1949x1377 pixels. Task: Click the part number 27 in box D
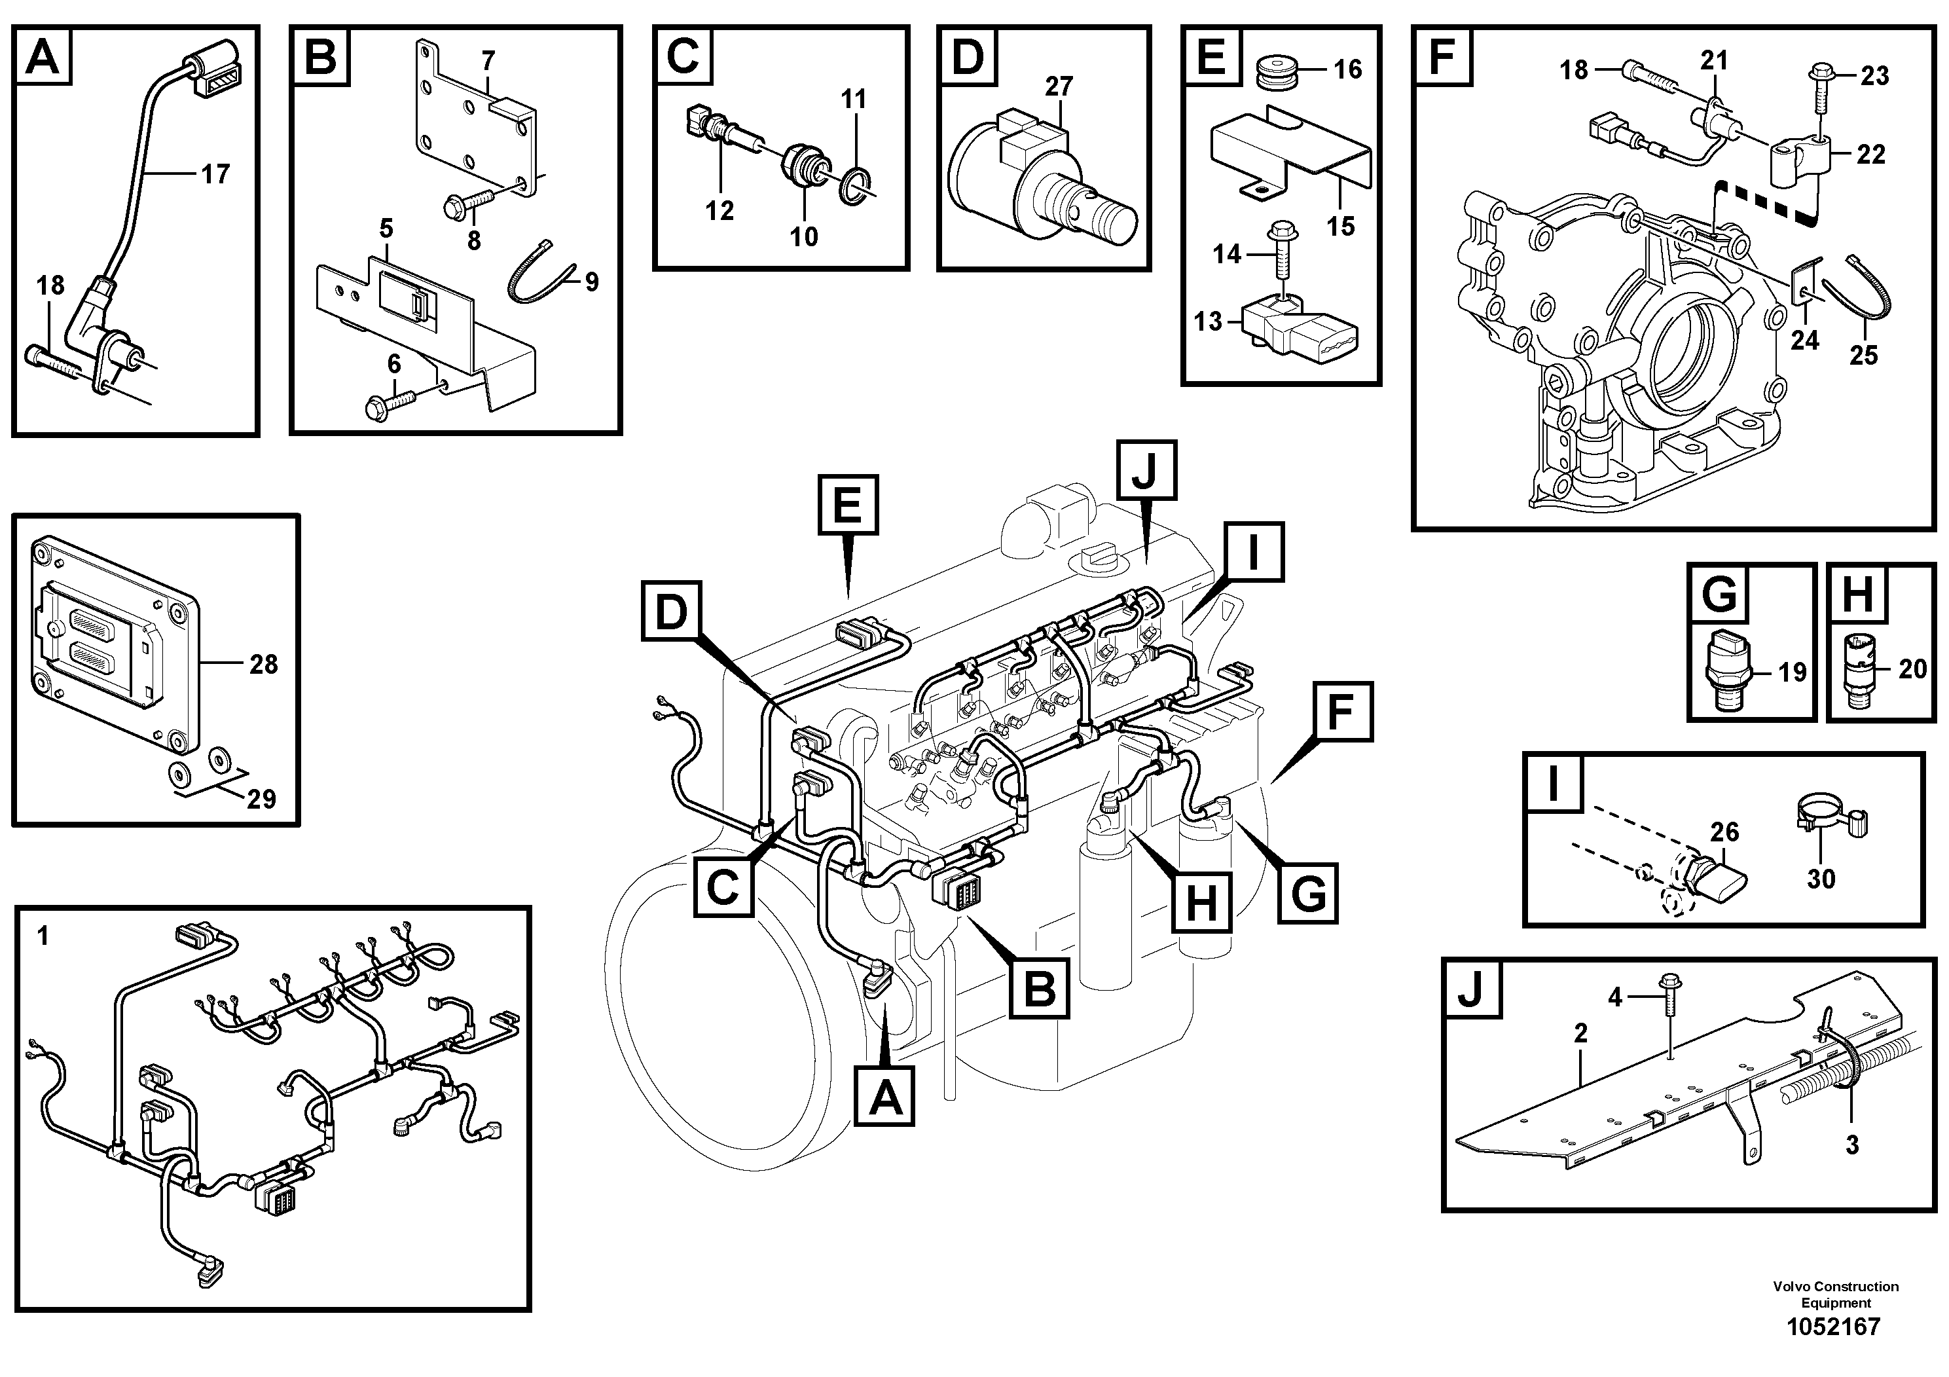[x=1059, y=86]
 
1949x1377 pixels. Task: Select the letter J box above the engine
[x=1146, y=469]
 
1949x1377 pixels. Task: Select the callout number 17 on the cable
[x=215, y=174]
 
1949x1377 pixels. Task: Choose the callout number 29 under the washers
[x=261, y=799]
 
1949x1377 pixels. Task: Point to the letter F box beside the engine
[x=1339, y=712]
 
